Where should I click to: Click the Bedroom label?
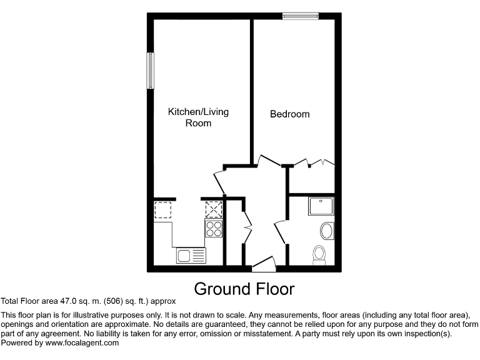coord(289,114)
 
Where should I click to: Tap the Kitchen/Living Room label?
coord(198,117)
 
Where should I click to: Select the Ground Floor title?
coord(244,289)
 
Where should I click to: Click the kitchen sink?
coord(191,255)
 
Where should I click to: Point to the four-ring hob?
coord(214,229)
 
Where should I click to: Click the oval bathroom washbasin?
coord(327,232)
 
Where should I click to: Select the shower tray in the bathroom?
coord(321,206)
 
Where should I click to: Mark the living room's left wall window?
coord(151,71)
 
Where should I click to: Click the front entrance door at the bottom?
coord(264,264)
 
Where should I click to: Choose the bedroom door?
coord(269,161)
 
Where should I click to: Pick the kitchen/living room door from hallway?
coord(219,181)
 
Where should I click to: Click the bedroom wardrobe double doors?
coord(314,163)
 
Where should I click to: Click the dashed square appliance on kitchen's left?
coord(163,209)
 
